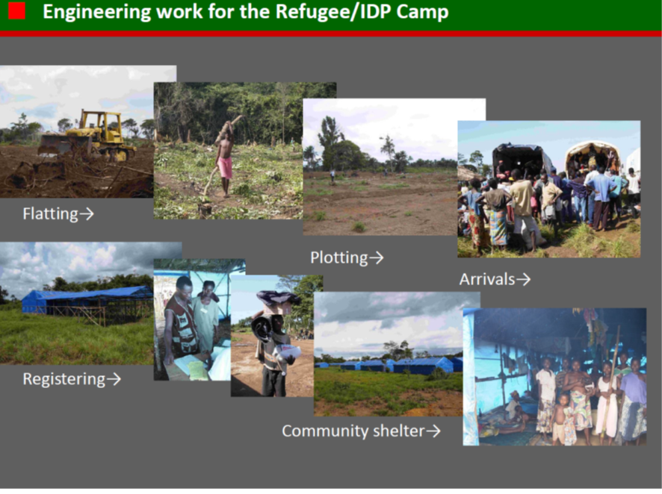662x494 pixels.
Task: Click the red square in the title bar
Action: pos(16,11)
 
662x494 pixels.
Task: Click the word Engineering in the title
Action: pos(96,13)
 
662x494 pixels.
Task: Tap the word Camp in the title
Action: pos(422,13)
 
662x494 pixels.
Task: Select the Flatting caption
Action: pos(58,213)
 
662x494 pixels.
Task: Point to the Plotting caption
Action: pos(347,257)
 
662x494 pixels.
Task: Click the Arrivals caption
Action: pos(495,279)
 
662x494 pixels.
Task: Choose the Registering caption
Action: pos(72,379)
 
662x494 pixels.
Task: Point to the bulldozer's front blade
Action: pos(55,145)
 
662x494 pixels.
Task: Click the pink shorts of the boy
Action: pos(225,167)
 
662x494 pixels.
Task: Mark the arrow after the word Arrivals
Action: pos(524,279)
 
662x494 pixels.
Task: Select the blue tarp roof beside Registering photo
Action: pos(87,294)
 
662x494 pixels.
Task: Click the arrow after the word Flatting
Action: pos(87,214)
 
